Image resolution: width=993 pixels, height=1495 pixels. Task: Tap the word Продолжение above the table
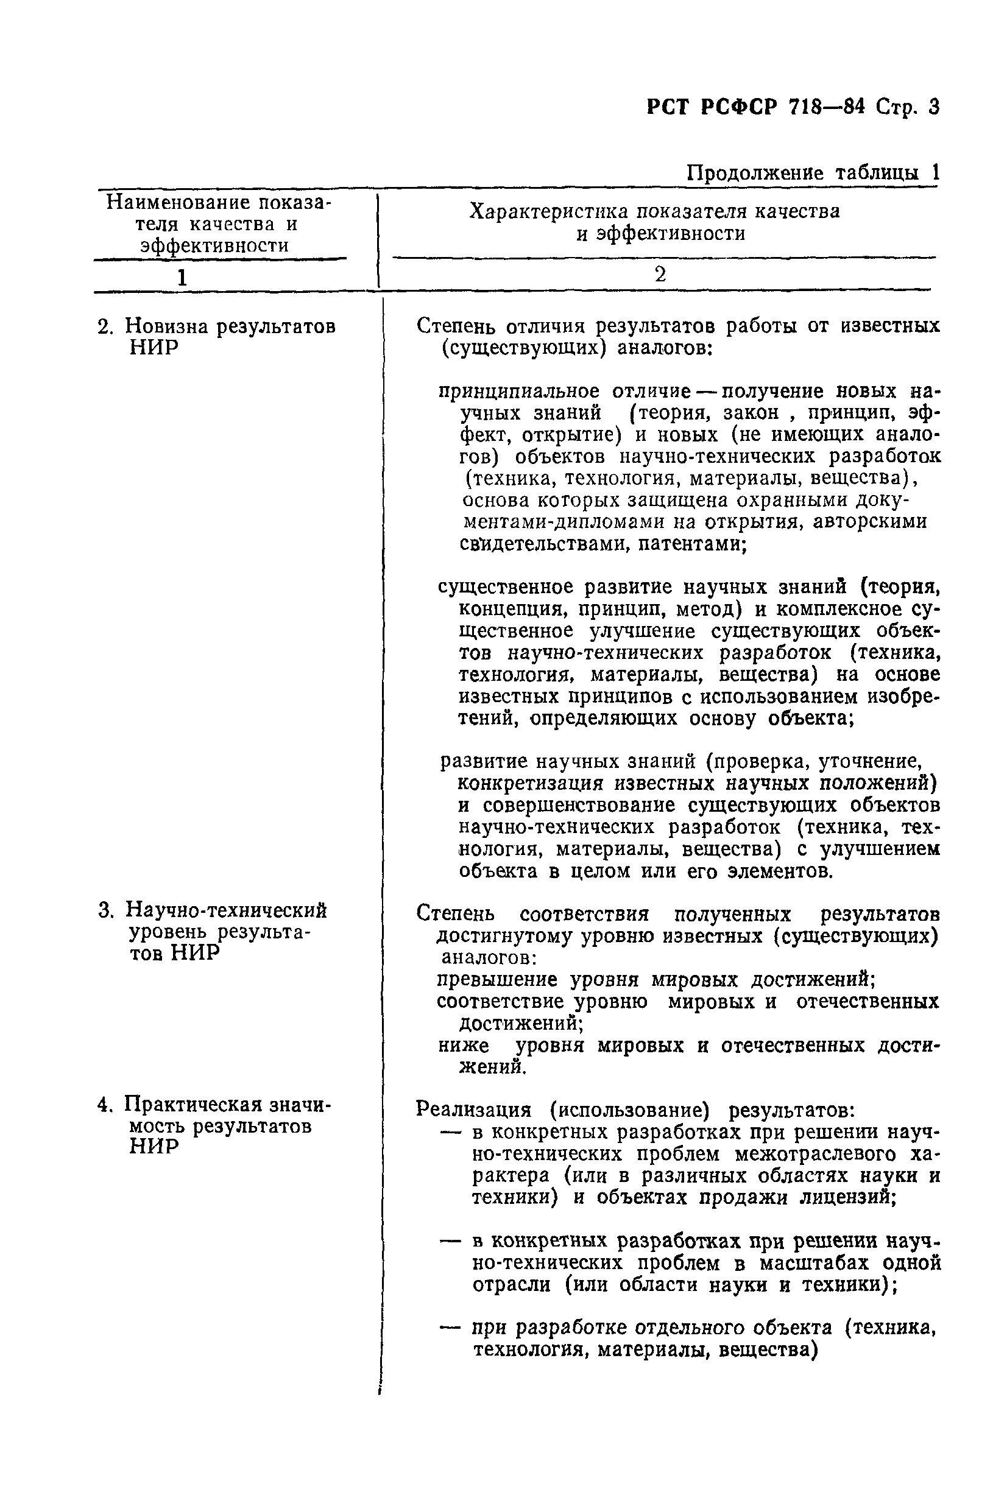(755, 173)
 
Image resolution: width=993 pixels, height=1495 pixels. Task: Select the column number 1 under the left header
(182, 277)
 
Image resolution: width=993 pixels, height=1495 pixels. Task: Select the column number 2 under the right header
(660, 275)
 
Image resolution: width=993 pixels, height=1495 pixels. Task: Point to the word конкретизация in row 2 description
(529, 784)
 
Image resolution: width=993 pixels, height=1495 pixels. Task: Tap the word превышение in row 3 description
(497, 980)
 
